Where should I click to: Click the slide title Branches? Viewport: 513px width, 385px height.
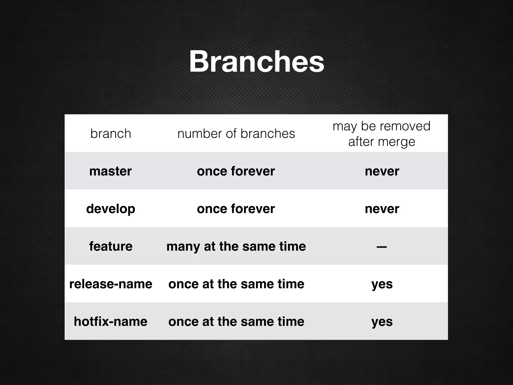click(256, 62)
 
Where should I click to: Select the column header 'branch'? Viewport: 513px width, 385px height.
click(111, 134)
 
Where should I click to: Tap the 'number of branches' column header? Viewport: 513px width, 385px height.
click(236, 134)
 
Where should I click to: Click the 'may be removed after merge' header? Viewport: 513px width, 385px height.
click(381, 134)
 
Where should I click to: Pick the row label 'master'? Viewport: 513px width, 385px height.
click(110, 171)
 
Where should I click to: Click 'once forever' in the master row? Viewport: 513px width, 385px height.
click(236, 171)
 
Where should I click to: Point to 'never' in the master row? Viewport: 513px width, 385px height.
click(382, 171)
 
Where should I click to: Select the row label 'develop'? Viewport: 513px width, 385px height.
click(110, 209)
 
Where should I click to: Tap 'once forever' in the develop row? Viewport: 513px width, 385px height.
click(236, 209)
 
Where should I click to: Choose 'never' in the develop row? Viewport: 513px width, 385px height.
click(382, 209)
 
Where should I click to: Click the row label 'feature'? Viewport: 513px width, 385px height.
click(111, 246)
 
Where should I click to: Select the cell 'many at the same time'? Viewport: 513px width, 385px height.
click(236, 246)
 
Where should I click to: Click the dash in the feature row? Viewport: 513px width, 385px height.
click(381, 247)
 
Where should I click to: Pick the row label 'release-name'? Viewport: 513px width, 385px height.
click(111, 284)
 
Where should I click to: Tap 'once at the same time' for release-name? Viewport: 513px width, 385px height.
click(236, 284)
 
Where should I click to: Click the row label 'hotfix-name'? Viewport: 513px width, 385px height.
click(110, 322)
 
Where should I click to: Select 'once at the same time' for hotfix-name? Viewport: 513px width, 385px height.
click(236, 322)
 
